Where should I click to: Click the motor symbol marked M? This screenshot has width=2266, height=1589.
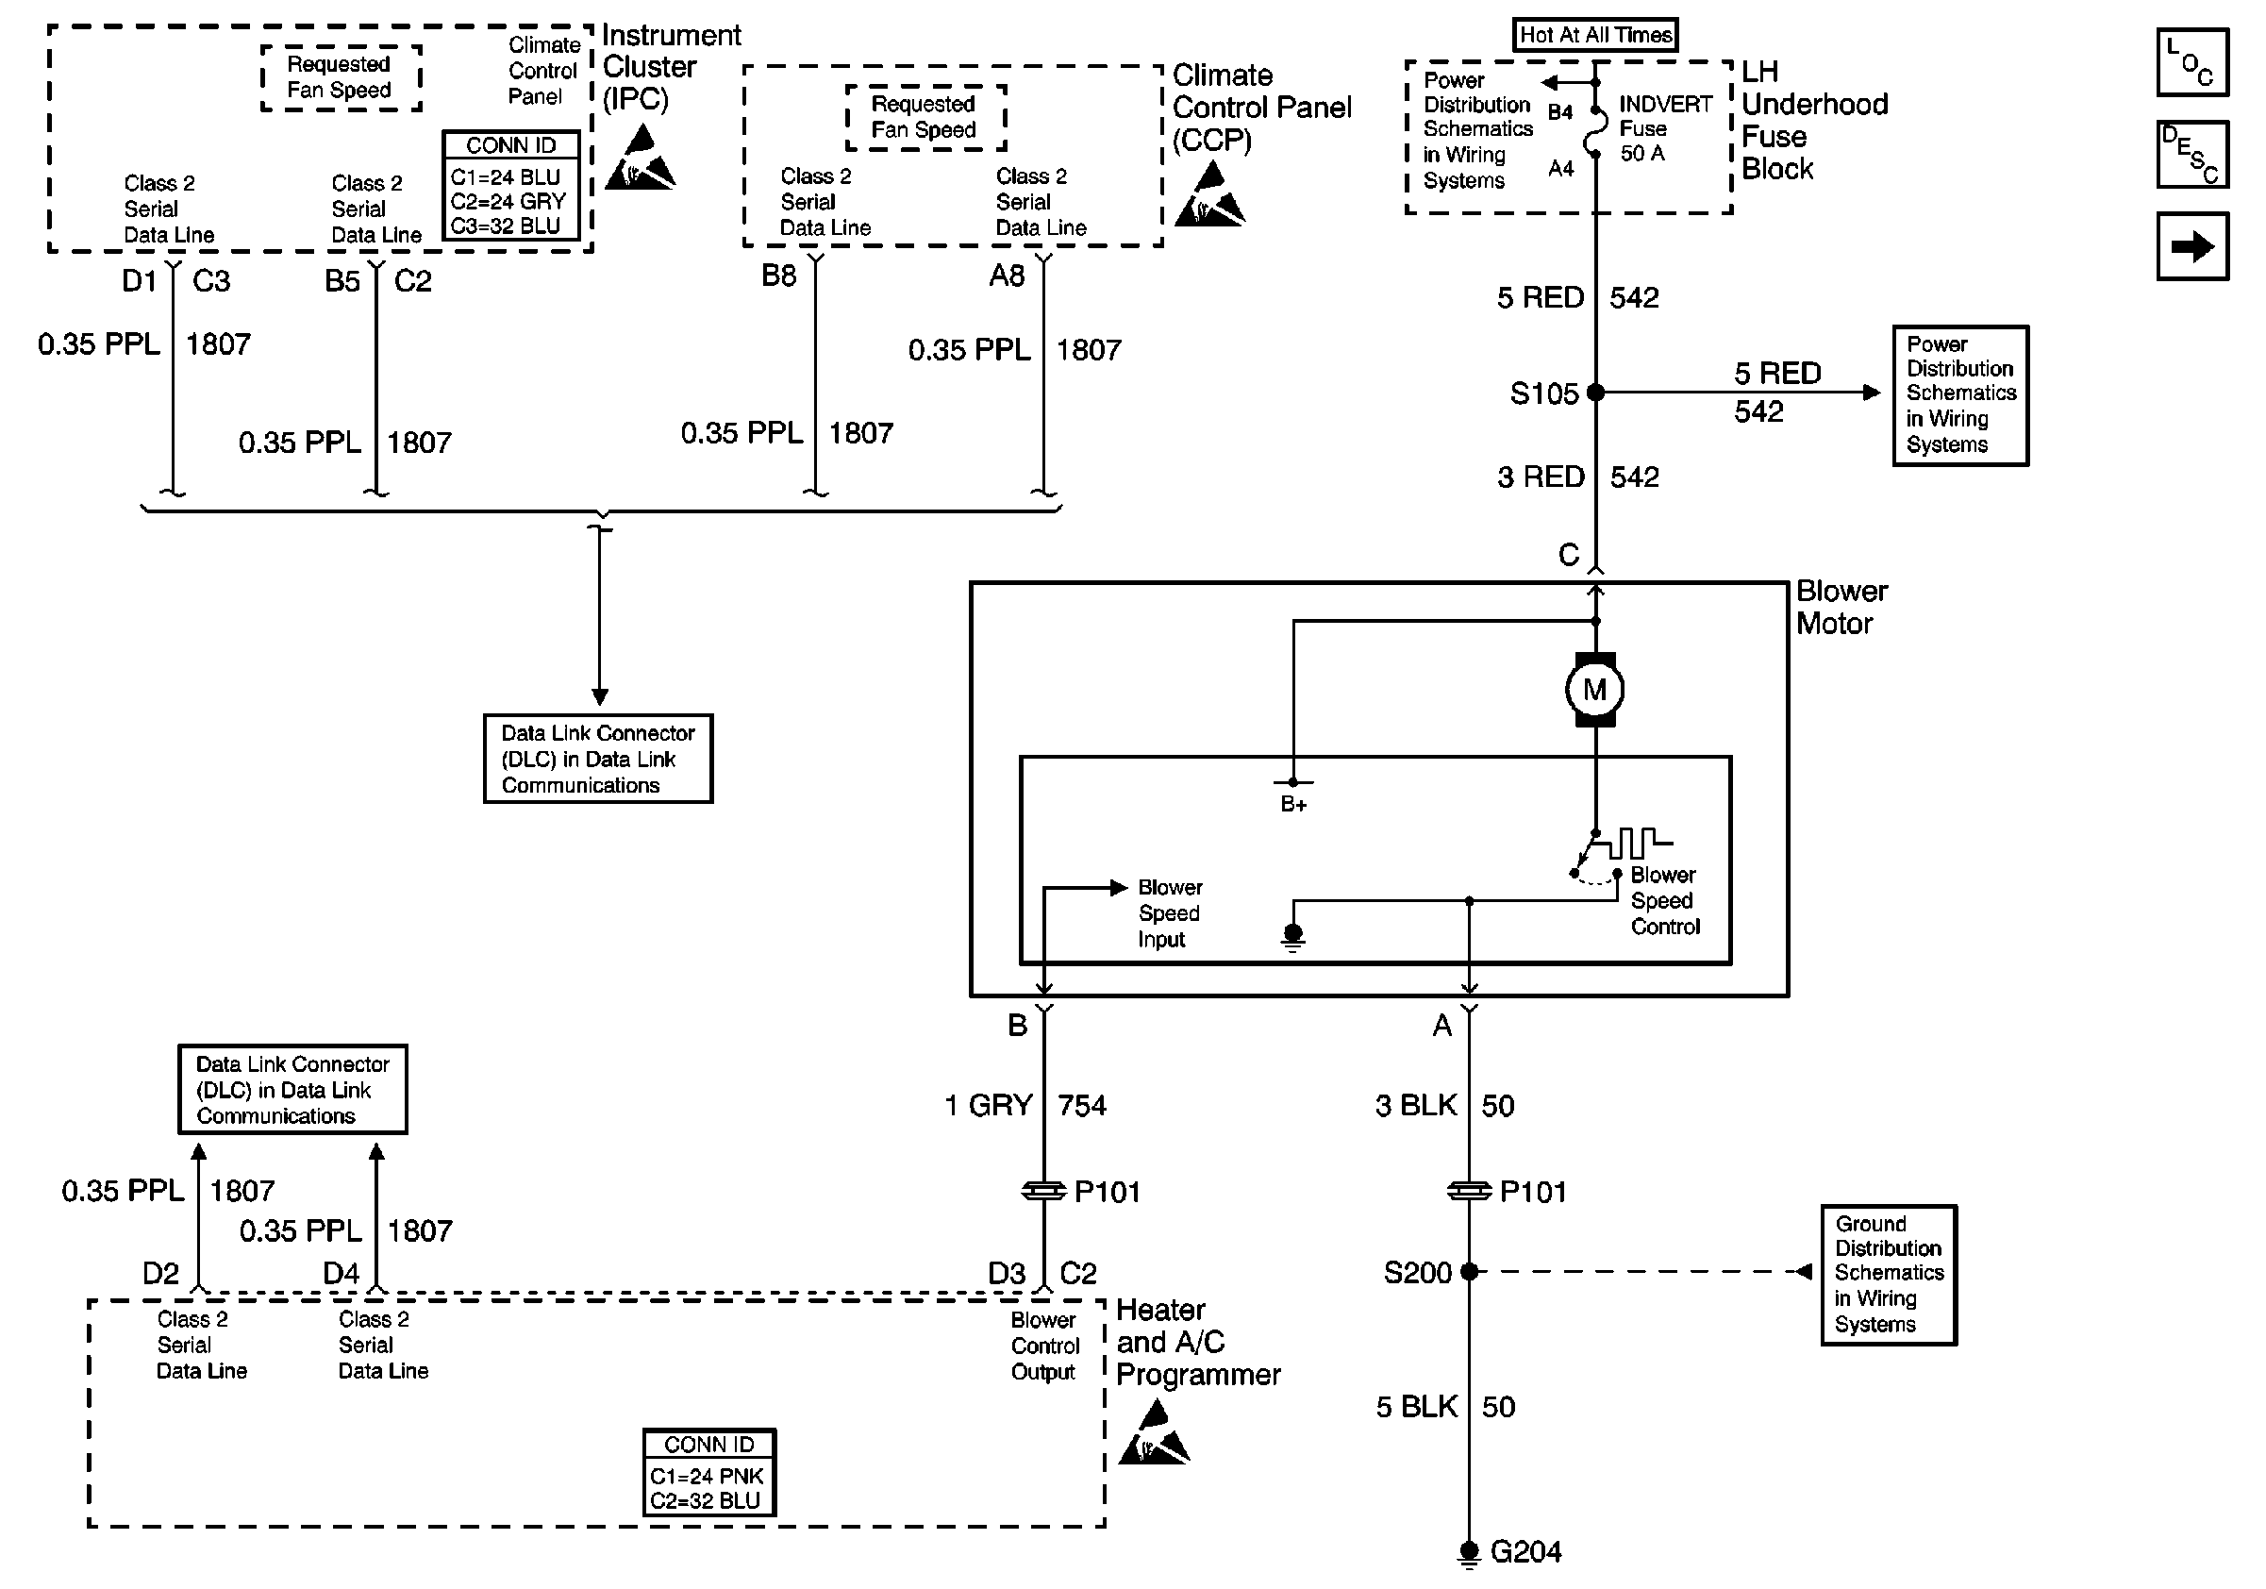tap(1594, 690)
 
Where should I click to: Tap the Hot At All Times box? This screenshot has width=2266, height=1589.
tap(1595, 36)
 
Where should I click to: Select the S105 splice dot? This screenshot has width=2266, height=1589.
tap(1595, 393)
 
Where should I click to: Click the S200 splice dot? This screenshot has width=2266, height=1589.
tap(1469, 1271)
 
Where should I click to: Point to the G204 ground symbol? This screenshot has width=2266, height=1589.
tap(1469, 1551)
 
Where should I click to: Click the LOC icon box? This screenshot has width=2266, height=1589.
tap(2192, 63)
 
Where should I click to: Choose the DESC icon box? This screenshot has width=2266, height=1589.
tap(2192, 155)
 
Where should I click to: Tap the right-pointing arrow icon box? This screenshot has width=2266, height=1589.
tap(2192, 246)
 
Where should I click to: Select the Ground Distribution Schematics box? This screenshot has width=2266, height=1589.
tap(1888, 1274)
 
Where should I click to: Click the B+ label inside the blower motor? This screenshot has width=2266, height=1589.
tap(1292, 804)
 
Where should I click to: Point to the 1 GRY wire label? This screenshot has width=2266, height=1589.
tap(989, 1105)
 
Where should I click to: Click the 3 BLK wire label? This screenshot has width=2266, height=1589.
tap(1416, 1105)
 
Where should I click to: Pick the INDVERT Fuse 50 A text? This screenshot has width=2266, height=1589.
tap(1664, 128)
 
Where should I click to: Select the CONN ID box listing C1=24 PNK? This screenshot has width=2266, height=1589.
tap(708, 1472)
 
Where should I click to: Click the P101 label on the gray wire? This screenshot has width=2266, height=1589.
tap(1107, 1193)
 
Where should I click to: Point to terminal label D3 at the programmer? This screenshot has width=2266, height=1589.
tap(1007, 1273)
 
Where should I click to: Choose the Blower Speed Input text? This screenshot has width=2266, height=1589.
tap(1170, 913)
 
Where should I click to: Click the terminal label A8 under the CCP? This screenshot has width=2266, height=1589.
tap(1007, 276)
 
